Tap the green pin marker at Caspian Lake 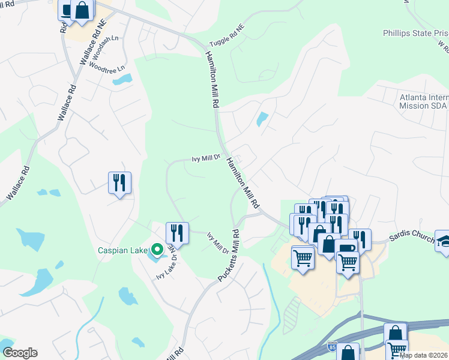pos(157,249)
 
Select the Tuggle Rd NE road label pos(227,37)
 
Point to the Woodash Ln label pos(107,41)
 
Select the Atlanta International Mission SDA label pos(424,101)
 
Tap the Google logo pos(20,353)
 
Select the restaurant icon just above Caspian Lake pos(177,231)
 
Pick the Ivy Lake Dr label pos(165,267)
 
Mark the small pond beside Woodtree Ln pos(122,79)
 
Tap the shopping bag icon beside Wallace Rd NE pos(82,10)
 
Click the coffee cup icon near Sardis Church pos(348,248)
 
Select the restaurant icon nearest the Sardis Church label pos(361,238)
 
